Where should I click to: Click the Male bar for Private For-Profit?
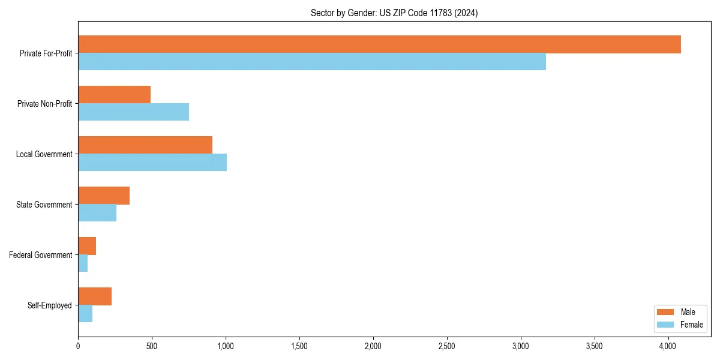click(379, 44)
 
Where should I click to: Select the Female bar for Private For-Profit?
click(312, 62)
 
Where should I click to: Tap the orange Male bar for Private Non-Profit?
click(114, 95)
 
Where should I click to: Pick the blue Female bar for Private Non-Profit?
click(133, 112)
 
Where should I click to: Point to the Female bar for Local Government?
click(152, 163)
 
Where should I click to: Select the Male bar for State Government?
click(104, 196)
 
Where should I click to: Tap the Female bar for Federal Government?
click(83, 263)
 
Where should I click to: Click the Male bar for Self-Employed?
click(95, 296)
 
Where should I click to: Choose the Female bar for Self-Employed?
click(85, 314)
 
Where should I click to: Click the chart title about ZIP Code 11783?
click(394, 13)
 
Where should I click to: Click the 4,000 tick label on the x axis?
click(668, 346)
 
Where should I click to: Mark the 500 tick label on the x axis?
click(152, 346)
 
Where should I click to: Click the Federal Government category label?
click(41, 255)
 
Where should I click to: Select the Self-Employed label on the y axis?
click(50, 305)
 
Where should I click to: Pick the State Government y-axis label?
click(44, 205)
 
